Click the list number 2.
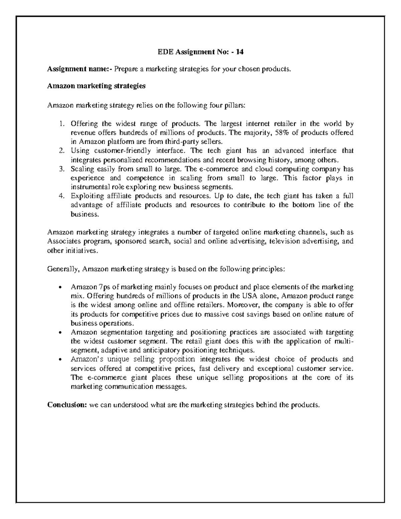pos(61,151)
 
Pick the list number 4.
pos(61,196)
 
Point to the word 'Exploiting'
pos(85,196)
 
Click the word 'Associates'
pos(63,241)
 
